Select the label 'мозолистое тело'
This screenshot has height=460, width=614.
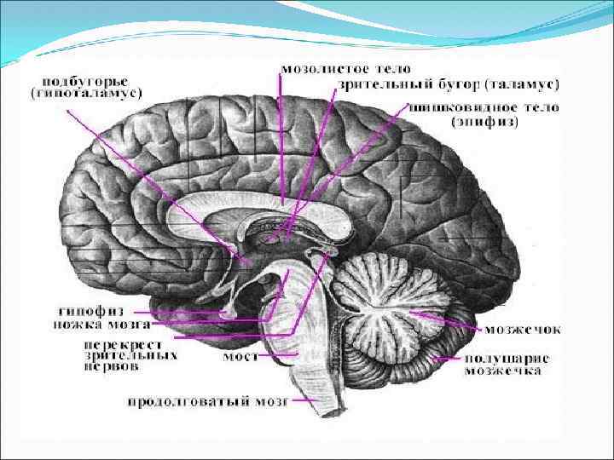[345, 69]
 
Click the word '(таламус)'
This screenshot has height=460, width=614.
[521, 84]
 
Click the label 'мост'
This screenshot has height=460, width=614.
[237, 356]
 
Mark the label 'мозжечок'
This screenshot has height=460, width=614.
[523, 329]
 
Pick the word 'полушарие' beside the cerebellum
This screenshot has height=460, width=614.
[506, 359]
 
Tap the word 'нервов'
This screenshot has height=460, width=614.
[110, 367]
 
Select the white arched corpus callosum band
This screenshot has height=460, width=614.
[256, 204]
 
